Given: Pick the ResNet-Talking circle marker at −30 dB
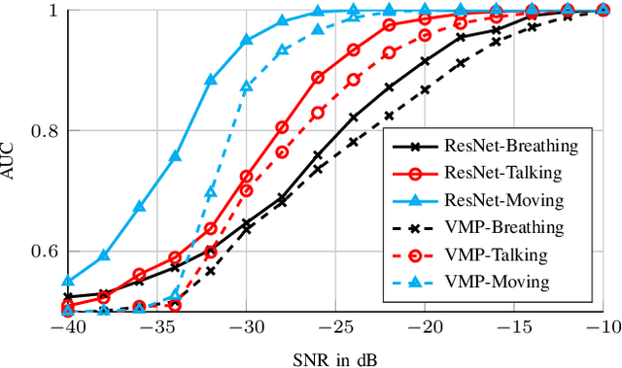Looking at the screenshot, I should [x=246, y=177].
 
